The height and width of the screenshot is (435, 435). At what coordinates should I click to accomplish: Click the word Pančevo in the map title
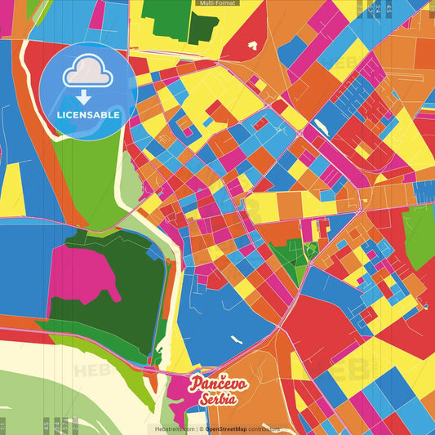coord(214,383)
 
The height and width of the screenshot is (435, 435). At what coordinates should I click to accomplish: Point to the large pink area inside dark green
coord(82,273)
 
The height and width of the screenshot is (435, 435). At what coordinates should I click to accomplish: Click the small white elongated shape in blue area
coord(237,339)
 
